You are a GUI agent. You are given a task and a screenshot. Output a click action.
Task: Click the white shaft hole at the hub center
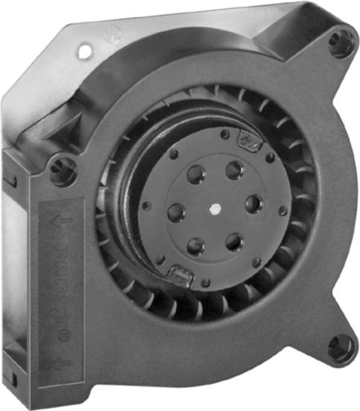tap(216, 209)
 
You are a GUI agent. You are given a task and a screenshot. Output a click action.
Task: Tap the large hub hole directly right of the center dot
tap(253, 204)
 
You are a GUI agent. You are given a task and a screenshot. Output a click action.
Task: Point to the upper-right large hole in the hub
tap(235, 171)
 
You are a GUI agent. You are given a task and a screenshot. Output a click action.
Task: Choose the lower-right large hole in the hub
tap(234, 240)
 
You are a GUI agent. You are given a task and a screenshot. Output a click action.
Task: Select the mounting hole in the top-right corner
tap(341, 43)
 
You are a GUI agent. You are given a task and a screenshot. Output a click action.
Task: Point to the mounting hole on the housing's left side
tap(62, 170)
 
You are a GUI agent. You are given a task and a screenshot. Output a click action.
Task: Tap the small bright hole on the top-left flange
tap(85, 53)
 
